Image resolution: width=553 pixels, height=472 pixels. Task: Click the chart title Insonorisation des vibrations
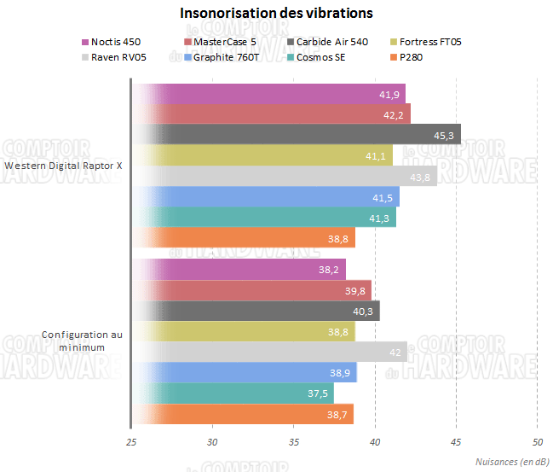pos(276,14)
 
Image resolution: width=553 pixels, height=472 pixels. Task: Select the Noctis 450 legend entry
pos(112,42)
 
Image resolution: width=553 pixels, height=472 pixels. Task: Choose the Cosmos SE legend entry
pos(320,58)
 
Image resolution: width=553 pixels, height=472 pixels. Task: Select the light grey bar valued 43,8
pos(285,176)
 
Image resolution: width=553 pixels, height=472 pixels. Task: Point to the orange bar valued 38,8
pos(243,239)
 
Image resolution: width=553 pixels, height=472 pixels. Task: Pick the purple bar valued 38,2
pos(239,269)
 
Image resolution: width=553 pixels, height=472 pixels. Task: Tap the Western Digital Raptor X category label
pos(63,166)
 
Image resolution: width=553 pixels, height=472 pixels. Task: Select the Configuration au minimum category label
pos(82,341)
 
